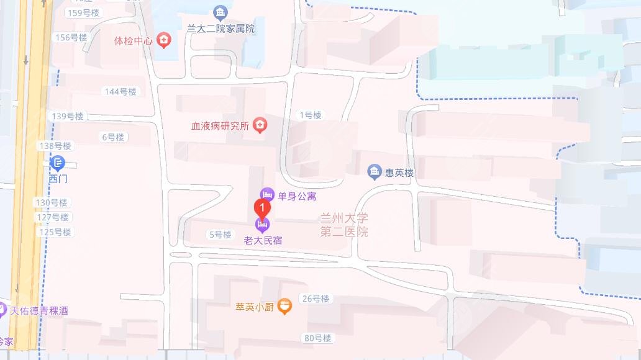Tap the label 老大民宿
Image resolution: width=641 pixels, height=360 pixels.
[x=263, y=240]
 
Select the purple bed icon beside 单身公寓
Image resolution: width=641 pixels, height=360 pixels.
[x=267, y=195]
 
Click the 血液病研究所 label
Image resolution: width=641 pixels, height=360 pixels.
[x=220, y=126]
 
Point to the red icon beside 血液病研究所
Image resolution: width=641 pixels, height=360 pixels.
[x=260, y=125]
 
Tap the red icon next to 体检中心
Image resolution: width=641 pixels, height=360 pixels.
[x=164, y=41]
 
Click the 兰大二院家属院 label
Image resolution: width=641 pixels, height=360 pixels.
[x=220, y=29]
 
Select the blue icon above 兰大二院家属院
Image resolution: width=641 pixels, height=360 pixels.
[x=220, y=12]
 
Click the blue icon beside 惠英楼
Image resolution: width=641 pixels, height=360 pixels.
[x=374, y=172]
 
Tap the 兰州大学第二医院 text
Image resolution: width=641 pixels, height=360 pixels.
[x=344, y=225]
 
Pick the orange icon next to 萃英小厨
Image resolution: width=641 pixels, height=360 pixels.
[x=284, y=306]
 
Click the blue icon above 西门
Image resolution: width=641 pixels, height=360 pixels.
[x=57, y=164]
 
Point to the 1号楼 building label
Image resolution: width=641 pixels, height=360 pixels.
[x=311, y=115]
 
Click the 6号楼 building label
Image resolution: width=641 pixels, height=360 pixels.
[x=113, y=137]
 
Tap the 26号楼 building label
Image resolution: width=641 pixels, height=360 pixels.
[x=316, y=299]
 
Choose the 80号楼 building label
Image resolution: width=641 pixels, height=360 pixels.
[x=318, y=338]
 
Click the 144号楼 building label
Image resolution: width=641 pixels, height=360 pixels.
[x=120, y=92]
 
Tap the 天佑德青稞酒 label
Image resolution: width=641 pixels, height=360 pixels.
[x=37, y=310]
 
